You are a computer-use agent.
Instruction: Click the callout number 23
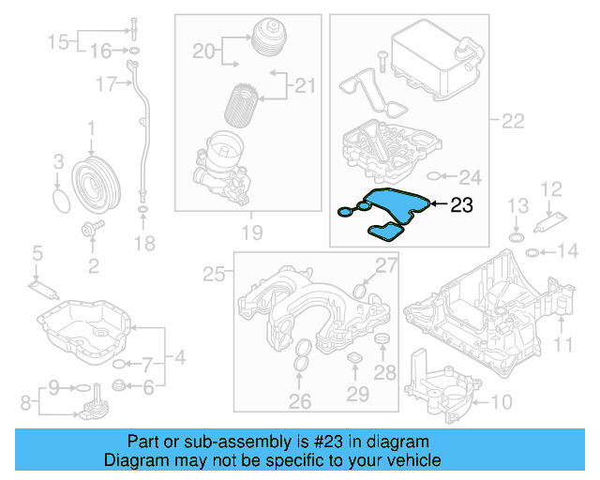pos(461,203)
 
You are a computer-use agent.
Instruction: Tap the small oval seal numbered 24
pos(433,176)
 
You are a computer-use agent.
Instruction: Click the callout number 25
pos(215,275)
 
